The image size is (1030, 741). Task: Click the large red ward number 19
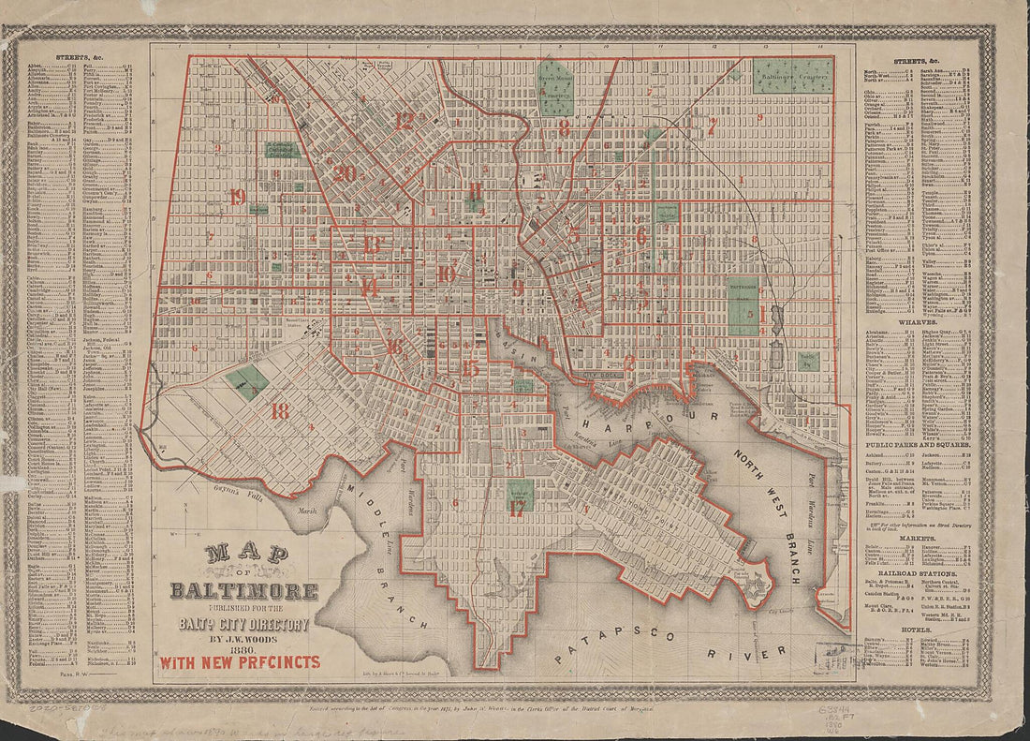click(237, 197)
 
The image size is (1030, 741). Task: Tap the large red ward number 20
click(344, 172)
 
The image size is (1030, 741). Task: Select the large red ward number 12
click(404, 120)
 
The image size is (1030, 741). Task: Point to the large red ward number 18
click(279, 410)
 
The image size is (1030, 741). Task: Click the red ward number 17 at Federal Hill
click(517, 510)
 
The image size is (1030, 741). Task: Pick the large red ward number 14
click(370, 288)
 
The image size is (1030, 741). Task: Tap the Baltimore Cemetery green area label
click(791, 75)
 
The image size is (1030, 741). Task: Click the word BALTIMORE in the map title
click(243, 591)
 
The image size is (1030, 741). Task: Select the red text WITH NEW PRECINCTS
click(240, 661)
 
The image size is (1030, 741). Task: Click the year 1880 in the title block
click(243, 644)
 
